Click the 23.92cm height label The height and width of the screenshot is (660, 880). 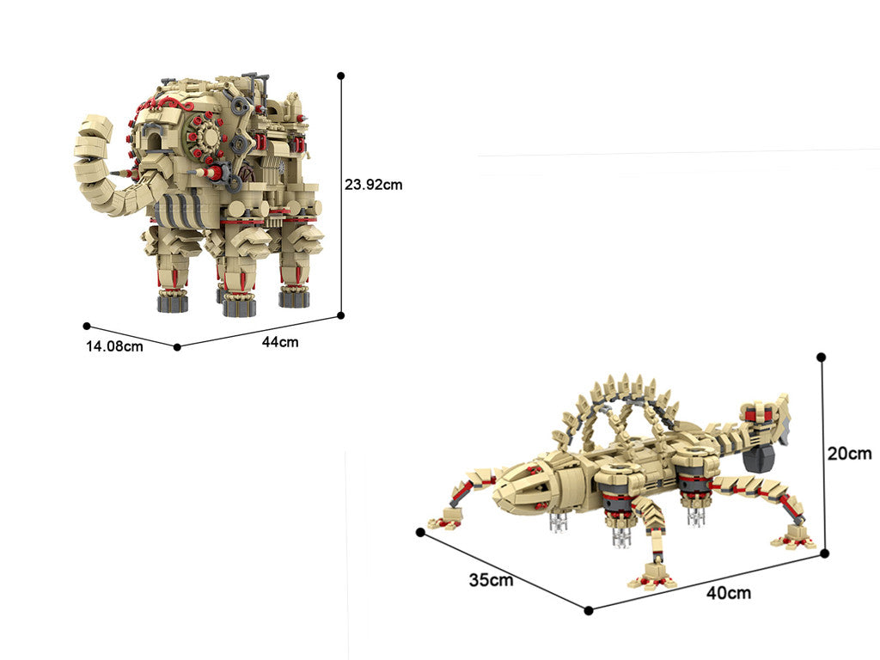373,185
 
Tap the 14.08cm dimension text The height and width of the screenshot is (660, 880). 114,346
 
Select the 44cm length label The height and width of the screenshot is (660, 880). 280,342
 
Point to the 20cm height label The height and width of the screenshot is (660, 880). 850,453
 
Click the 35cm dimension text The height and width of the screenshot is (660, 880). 491,580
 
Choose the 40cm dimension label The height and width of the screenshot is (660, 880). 729,593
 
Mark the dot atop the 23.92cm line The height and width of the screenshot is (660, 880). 340,76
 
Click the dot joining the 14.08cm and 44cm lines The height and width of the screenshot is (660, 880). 177,347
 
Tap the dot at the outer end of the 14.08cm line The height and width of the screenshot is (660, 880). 87,326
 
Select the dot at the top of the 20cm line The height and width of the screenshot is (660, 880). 821,357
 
